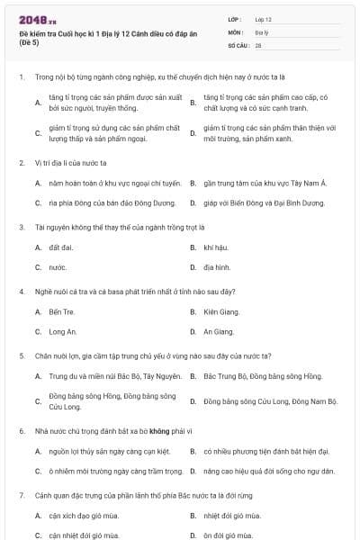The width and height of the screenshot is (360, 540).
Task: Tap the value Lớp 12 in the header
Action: click(x=263, y=19)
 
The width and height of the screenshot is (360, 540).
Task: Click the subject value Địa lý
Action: click(x=262, y=31)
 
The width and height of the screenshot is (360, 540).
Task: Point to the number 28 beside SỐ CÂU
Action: click(x=258, y=44)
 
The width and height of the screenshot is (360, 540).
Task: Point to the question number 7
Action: click(x=21, y=495)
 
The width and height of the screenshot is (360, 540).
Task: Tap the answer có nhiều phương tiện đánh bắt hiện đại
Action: click(x=266, y=451)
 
